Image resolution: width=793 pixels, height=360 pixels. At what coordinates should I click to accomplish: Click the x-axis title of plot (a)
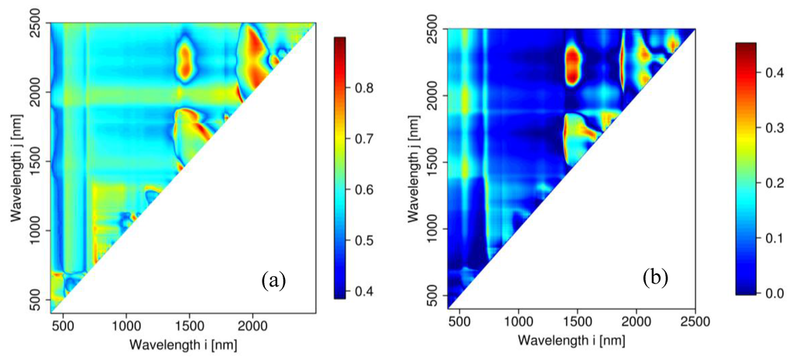click(x=182, y=343)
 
